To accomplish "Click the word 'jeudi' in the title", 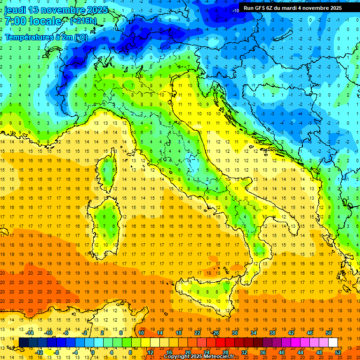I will coord(15,10).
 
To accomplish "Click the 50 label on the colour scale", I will coord(328,333).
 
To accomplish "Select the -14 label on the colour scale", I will coord(30,333).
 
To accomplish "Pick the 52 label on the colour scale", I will coord(337,352).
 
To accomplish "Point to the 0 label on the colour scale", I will coord(93,352).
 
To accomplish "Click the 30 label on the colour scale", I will coord(235,333).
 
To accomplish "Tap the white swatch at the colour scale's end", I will coord(333,342).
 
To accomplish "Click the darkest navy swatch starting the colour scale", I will coord(23,342).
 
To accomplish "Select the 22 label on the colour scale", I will coord(197,333).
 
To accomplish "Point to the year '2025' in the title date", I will coord(97,10).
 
